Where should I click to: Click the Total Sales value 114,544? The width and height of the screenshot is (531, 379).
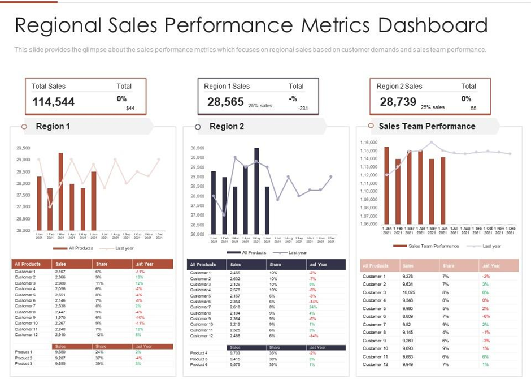53,102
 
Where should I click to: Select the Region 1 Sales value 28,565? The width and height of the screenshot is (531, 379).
225,102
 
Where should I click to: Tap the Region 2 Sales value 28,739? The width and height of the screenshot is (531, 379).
398,102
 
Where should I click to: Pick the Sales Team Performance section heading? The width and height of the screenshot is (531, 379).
427,126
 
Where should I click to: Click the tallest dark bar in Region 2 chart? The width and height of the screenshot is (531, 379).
256,191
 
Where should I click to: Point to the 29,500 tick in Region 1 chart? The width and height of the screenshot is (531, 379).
23,148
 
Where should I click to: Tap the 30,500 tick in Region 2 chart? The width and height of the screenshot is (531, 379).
197,148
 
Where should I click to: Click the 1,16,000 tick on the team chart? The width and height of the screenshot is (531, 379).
368,143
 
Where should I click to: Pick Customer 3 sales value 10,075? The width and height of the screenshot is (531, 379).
409,292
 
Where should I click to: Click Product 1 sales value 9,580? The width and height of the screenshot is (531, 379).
60,352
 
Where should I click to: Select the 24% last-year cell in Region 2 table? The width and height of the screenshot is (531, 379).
313,307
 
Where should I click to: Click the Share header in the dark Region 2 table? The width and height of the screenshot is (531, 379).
276,265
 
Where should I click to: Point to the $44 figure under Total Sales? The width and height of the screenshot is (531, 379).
130,108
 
